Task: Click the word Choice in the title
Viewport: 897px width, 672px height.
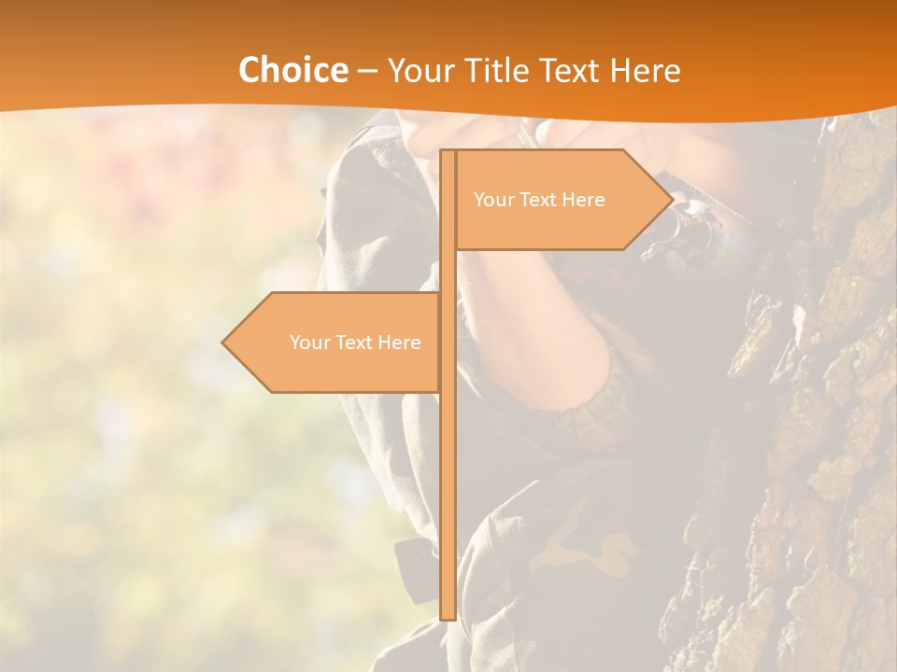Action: (x=292, y=70)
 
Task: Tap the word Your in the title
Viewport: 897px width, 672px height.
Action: (x=420, y=70)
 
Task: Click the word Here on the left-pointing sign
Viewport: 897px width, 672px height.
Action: (x=399, y=343)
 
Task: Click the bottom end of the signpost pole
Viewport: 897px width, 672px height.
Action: (x=448, y=616)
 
